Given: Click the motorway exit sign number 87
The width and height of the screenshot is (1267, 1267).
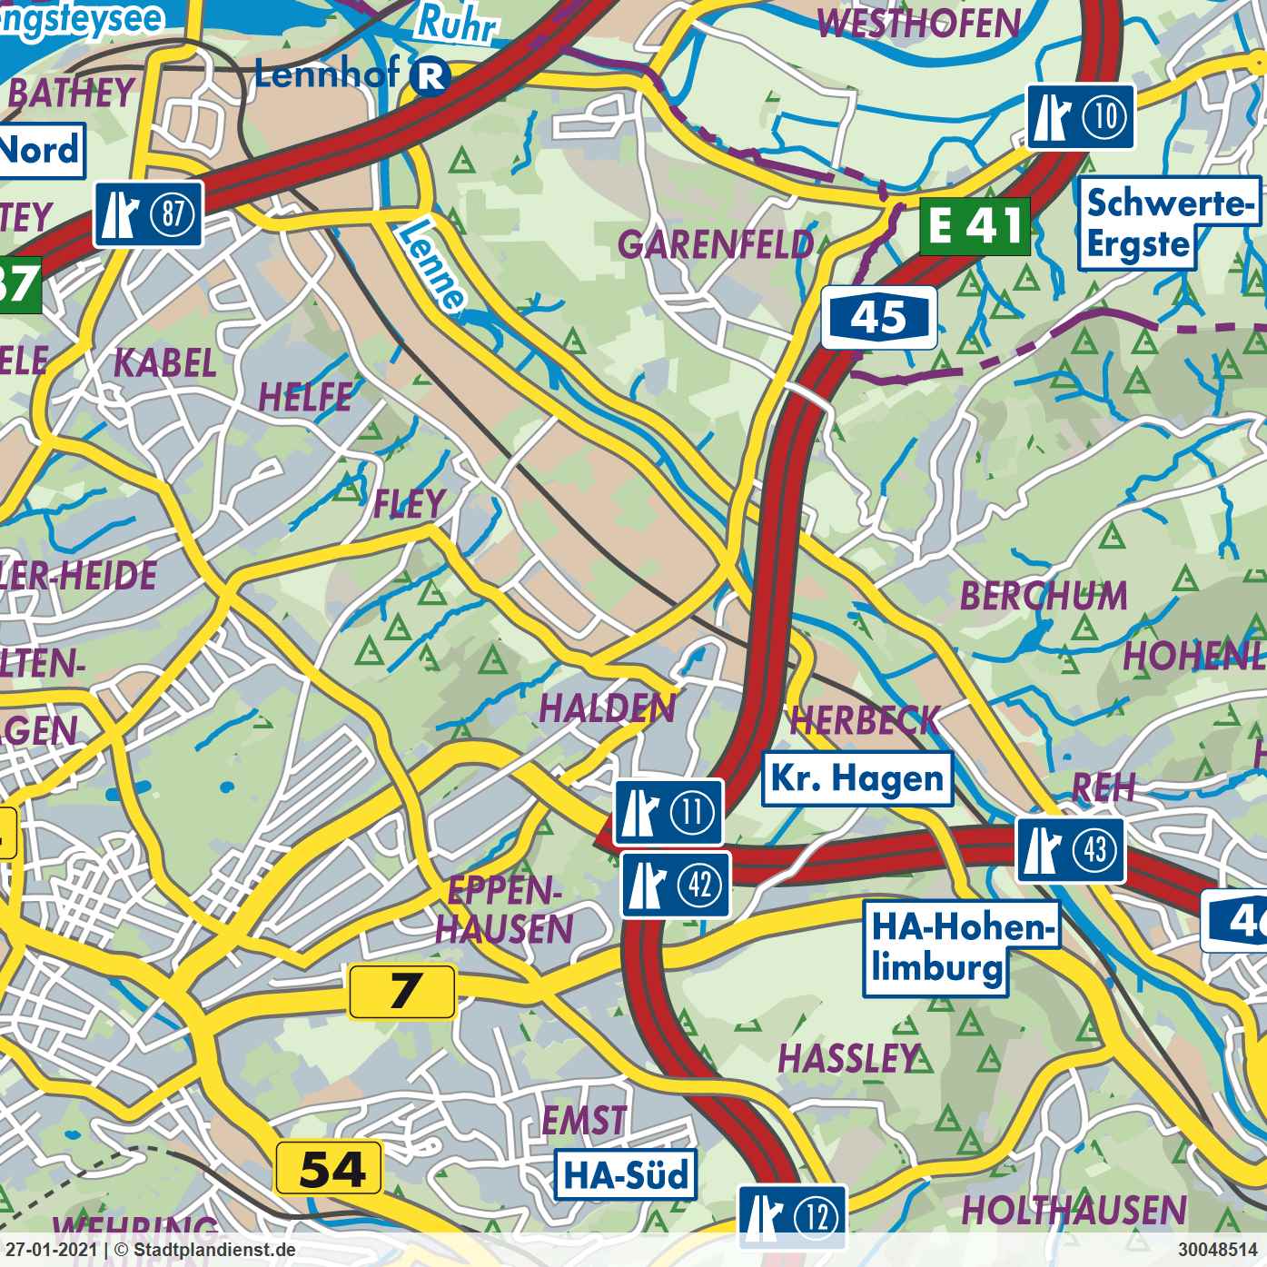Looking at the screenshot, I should tap(148, 214).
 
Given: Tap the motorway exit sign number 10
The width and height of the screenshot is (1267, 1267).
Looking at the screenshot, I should tap(1080, 117).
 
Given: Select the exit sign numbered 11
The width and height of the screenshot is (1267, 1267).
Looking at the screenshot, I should tap(668, 811).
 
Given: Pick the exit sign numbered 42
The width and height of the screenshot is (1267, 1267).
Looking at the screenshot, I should tap(676, 884).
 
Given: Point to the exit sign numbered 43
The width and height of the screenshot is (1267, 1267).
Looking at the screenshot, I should tap(1070, 850).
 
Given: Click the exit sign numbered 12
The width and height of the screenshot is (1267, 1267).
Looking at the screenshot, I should tap(791, 1216).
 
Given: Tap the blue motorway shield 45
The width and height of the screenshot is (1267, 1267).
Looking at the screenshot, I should tap(878, 318).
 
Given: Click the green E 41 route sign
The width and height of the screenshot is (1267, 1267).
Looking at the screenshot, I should tap(975, 226).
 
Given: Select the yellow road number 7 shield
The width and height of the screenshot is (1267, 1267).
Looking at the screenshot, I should tap(401, 991).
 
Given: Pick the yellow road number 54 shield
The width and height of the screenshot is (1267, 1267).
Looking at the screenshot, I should tap(329, 1168).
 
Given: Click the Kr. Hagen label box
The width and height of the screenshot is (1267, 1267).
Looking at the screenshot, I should tap(856, 779).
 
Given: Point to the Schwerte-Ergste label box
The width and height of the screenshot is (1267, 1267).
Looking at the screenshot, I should tap(1168, 223).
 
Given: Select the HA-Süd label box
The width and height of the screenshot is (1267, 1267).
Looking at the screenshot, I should tap(626, 1174).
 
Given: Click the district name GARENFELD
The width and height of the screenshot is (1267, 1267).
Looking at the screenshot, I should tap(715, 245).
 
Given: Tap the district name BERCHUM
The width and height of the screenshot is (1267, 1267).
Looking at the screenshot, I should tap(1043, 597).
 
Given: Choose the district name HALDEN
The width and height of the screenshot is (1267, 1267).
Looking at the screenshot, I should tap(607, 708).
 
